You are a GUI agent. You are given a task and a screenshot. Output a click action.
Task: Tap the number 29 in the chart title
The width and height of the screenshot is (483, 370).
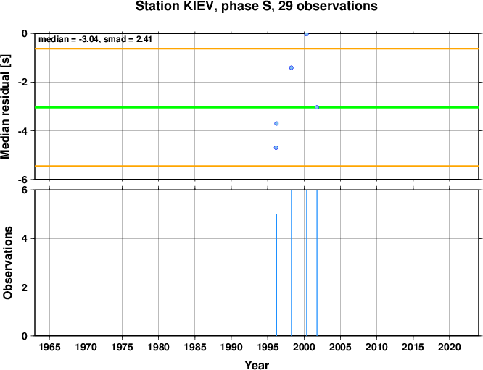(x=286, y=6)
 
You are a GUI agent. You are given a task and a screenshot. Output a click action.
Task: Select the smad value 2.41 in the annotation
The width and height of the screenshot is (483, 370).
(x=144, y=39)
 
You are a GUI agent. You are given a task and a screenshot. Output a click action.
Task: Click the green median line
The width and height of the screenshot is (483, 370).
(x=257, y=107)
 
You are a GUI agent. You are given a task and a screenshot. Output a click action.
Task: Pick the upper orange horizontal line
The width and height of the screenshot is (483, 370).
(x=257, y=49)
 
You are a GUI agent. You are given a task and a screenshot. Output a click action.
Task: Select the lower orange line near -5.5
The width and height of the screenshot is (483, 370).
(x=257, y=166)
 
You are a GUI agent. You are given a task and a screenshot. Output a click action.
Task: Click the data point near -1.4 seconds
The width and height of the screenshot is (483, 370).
(x=292, y=67)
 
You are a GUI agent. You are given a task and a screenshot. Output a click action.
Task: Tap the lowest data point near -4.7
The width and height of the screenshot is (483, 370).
(x=276, y=148)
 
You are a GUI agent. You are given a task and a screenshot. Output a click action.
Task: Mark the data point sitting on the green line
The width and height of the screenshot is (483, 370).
(x=317, y=107)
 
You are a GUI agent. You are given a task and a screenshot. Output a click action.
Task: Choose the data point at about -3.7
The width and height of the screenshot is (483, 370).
(x=276, y=123)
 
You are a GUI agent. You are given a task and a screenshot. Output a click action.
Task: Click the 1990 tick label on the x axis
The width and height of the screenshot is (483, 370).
(x=231, y=348)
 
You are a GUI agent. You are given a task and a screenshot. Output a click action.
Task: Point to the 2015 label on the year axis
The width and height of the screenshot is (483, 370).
(x=413, y=348)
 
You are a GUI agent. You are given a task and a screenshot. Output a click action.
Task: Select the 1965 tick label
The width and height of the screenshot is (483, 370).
(x=49, y=348)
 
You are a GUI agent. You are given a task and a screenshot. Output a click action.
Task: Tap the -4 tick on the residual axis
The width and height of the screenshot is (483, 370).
(x=23, y=131)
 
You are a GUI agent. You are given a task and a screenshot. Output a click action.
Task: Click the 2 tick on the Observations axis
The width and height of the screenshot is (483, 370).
(x=25, y=287)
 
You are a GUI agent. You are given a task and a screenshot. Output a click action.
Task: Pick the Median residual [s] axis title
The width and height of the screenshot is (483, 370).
(x=6, y=106)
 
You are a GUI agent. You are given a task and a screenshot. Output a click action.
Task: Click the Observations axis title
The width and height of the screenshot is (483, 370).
(x=7, y=263)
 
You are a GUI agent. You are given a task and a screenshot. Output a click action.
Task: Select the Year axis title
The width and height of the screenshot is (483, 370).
(x=257, y=365)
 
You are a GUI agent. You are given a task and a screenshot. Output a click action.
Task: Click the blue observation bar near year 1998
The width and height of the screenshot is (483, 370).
(x=291, y=263)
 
